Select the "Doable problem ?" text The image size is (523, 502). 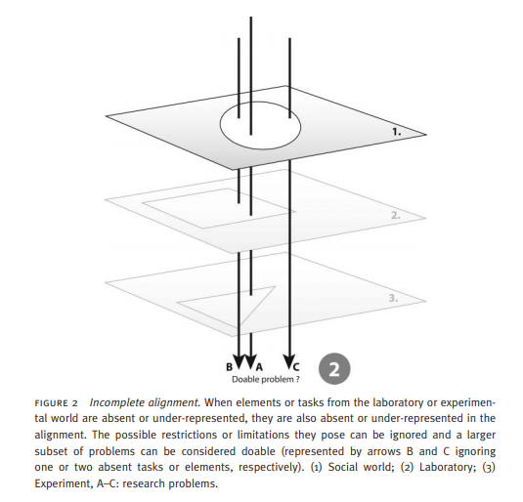pyautogui.click(x=265, y=379)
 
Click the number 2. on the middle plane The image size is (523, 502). pyautogui.click(x=394, y=214)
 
